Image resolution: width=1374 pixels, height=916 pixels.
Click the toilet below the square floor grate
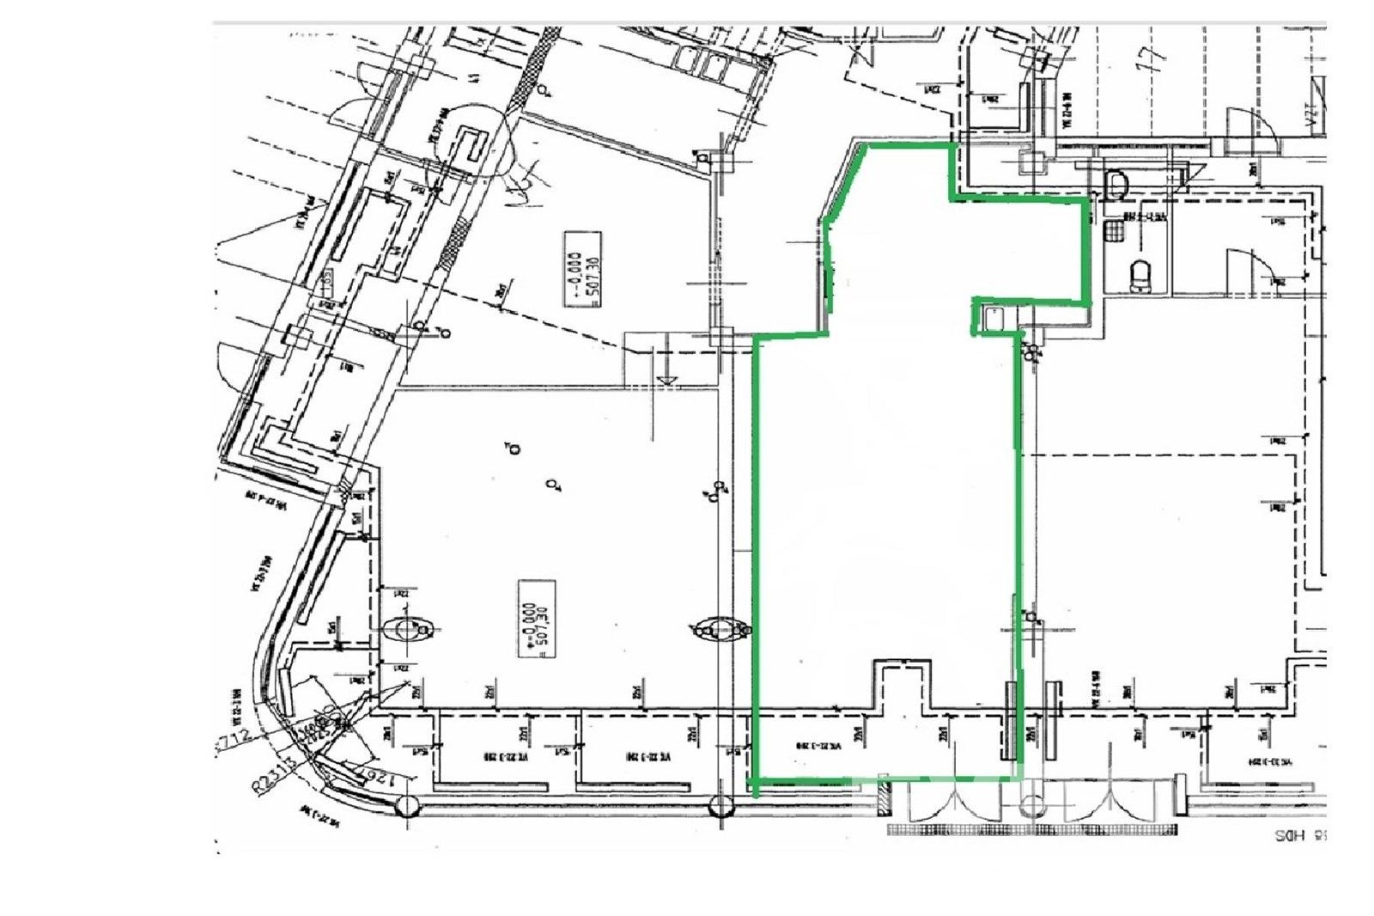(x=1140, y=277)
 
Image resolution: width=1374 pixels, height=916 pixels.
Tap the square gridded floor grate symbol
(x=1115, y=230)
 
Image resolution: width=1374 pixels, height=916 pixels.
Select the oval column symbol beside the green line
(x=720, y=631)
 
